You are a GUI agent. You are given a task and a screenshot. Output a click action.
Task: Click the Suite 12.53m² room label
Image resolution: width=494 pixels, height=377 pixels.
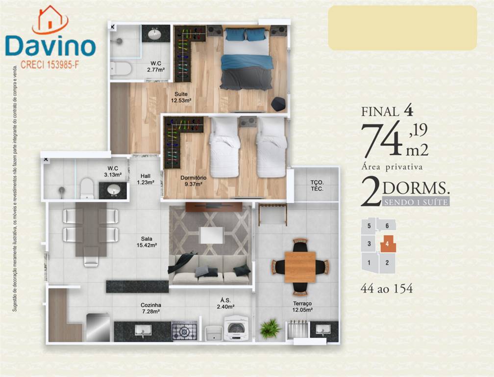tap(181, 97)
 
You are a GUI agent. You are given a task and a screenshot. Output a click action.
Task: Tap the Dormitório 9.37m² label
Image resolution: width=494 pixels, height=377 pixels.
tap(193, 181)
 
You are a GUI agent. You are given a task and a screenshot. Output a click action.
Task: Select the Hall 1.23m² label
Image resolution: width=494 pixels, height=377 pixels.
tap(145, 179)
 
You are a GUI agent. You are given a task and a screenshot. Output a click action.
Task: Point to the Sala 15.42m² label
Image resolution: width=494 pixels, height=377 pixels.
tap(147, 242)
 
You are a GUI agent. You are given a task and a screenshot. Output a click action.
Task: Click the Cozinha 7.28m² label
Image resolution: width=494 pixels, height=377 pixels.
tap(150, 308)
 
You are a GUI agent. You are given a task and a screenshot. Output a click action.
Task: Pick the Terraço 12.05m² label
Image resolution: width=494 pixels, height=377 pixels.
tap(302, 306)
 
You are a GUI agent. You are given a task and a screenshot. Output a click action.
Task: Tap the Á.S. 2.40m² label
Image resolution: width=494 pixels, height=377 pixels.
tap(225, 303)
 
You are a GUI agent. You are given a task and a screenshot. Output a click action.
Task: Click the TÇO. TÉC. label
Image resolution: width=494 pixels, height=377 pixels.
tap(317, 186)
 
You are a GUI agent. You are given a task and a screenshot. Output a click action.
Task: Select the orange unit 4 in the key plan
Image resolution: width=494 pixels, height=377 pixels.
tap(388, 244)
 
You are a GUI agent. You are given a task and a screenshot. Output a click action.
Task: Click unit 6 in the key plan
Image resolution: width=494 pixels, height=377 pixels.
tap(387, 226)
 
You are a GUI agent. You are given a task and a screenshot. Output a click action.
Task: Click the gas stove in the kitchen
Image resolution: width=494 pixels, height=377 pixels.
tap(184, 331)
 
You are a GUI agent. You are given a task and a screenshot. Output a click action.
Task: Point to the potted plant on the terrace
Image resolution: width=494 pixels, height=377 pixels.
tap(270, 328)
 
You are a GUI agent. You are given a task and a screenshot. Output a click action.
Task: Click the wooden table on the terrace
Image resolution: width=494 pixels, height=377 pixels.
tap(300, 267)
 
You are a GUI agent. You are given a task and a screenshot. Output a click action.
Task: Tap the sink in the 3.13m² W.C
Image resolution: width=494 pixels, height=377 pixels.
tap(113, 190)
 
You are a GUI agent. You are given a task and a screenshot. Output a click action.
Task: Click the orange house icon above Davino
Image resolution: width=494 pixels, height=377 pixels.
tap(50, 19)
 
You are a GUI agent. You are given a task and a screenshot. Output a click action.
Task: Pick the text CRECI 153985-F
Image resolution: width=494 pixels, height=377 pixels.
tap(49, 65)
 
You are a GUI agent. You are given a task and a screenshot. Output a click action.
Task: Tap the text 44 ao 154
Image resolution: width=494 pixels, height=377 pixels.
tap(386, 288)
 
